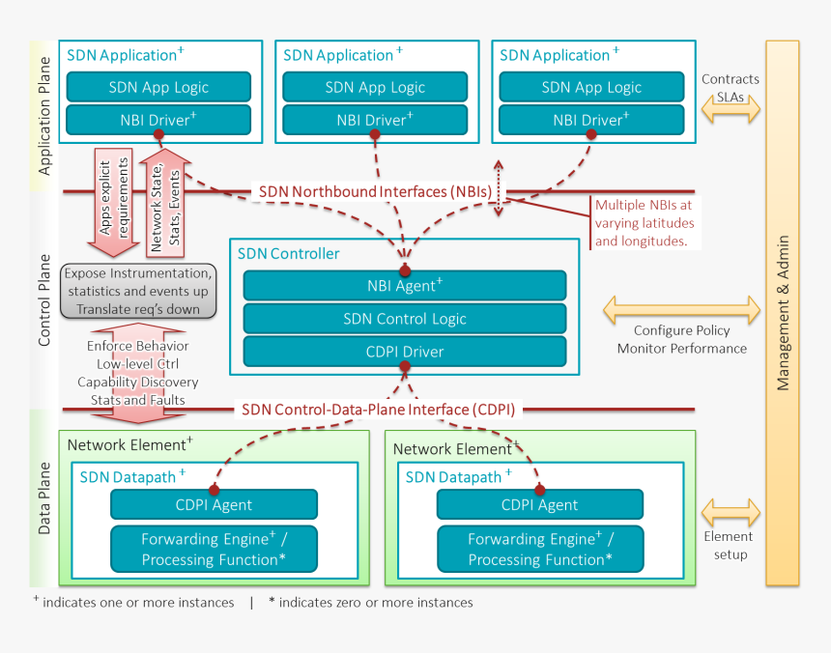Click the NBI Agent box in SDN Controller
coord(404,285)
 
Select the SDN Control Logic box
coord(404,319)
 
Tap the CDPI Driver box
coord(404,352)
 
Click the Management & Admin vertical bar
coord(783,312)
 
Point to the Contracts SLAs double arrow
coord(730,113)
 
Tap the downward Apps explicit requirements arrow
coord(114,200)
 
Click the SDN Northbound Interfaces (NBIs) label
coord(382,191)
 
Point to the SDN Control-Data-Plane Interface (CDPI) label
coord(377,409)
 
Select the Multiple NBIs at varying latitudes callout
coord(644,223)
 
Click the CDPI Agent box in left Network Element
coord(214,504)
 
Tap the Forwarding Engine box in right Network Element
coord(539,549)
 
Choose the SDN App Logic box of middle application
coord(375,87)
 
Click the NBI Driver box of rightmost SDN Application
coord(591,121)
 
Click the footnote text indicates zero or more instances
coord(371,603)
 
